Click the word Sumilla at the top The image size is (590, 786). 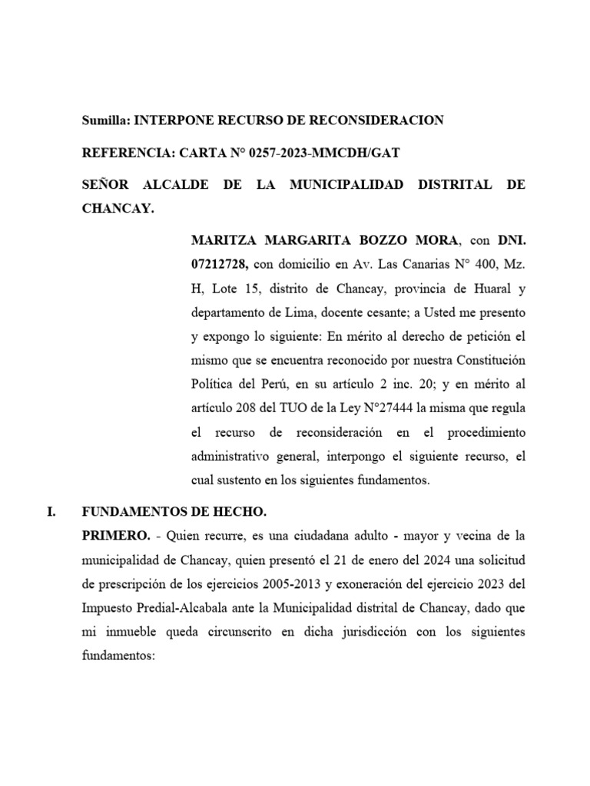[106, 121]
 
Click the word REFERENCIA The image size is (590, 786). [128, 154]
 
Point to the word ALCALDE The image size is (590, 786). [176, 186]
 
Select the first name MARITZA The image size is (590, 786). [223, 241]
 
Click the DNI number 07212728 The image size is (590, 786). [219, 265]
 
